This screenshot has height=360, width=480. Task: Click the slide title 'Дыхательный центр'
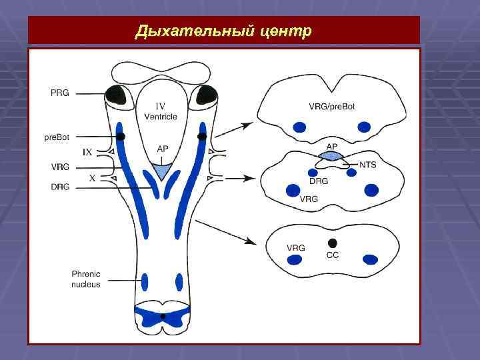[223, 31]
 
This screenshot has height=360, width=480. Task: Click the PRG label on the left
[59, 93]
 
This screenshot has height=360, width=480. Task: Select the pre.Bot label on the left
[57, 137]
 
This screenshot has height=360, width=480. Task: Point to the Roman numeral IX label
[87, 153]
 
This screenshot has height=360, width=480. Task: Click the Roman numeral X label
[93, 178]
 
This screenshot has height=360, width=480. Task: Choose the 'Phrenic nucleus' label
[86, 279]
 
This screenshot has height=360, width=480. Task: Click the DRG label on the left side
[59, 187]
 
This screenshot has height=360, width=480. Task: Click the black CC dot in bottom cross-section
[333, 242]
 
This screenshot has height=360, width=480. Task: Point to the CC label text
[333, 255]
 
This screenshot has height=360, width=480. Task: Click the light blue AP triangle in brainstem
[161, 171]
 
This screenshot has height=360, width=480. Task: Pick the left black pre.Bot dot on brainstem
[121, 136]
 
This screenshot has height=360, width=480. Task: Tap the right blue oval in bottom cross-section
[369, 259]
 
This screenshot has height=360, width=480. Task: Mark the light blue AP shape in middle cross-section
[331, 155]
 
